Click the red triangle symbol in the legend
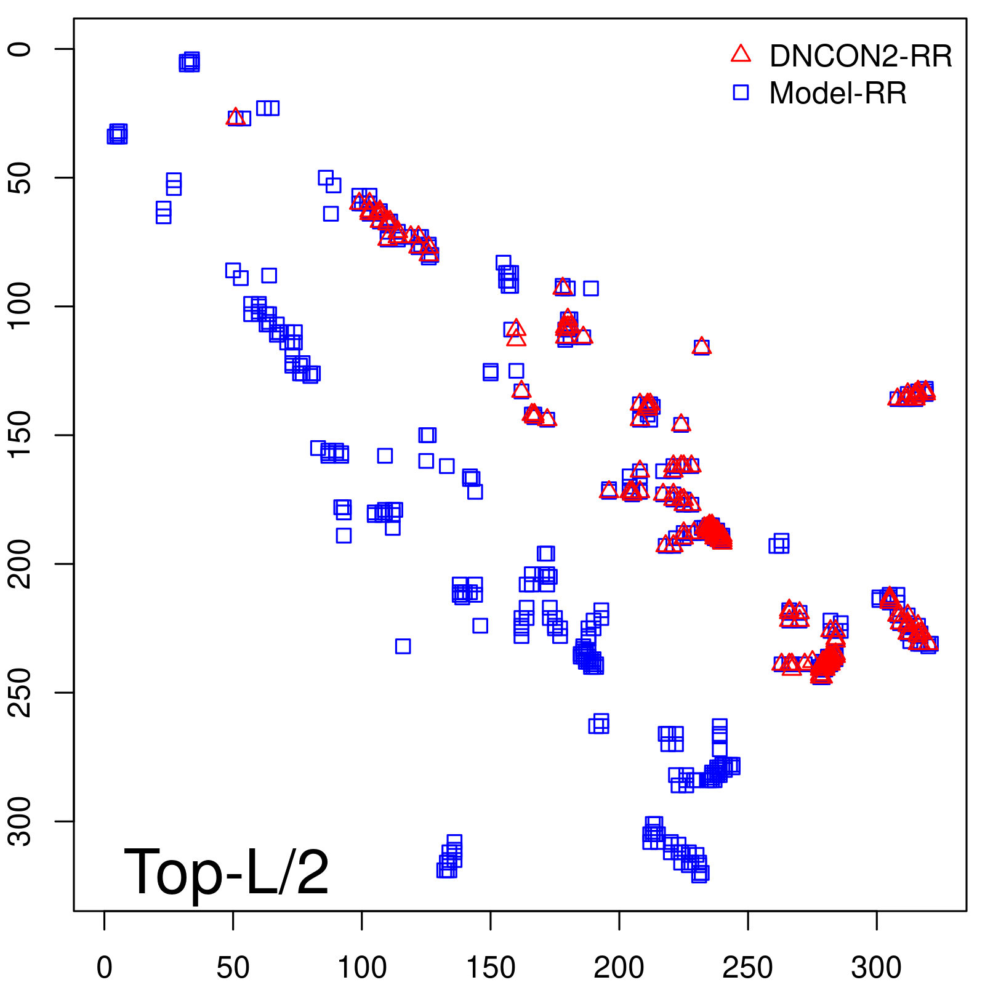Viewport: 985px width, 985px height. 741,54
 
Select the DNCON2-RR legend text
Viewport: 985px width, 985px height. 860,57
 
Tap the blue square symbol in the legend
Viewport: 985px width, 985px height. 741,92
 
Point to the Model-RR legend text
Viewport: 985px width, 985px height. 837,94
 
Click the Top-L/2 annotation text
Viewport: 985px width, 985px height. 226,872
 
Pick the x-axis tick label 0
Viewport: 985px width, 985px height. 105,967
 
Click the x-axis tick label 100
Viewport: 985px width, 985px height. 362,967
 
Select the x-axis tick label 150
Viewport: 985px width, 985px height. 491,967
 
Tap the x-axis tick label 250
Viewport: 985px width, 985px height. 747,967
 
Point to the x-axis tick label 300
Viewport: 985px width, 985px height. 876,967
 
